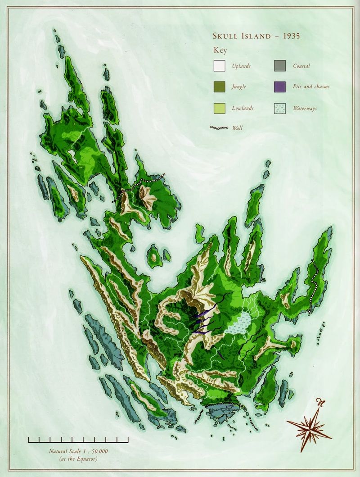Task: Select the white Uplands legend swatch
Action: click(219, 66)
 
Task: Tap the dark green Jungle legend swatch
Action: click(219, 86)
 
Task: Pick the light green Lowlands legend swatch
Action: click(219, 108)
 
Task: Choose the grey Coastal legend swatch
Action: click(279, 66)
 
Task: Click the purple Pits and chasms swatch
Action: click(279, 86)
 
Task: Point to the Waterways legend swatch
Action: click(279, 108)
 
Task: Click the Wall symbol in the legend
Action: click(219, 128)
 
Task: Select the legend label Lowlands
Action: click(243, 108)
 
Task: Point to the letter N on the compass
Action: click(320, 402)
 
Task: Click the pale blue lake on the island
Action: click(238, 323)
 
